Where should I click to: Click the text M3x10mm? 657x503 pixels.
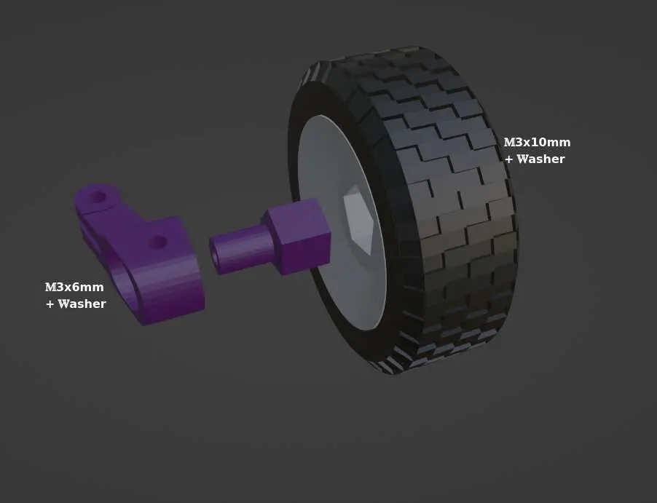[x=537, y=143]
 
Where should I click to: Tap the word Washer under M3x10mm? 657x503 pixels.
[x=540, y=159]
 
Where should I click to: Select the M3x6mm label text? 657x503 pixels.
[x=74, y=288]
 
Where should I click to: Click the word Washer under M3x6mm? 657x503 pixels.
[x=82, y=304]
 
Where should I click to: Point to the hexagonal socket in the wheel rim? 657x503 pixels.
[x=358, y=219]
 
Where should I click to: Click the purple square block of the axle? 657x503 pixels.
[x=296, y=237]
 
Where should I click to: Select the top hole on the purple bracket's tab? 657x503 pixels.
[x=98, y=196]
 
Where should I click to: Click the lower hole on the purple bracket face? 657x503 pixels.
[x=158, y=242]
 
